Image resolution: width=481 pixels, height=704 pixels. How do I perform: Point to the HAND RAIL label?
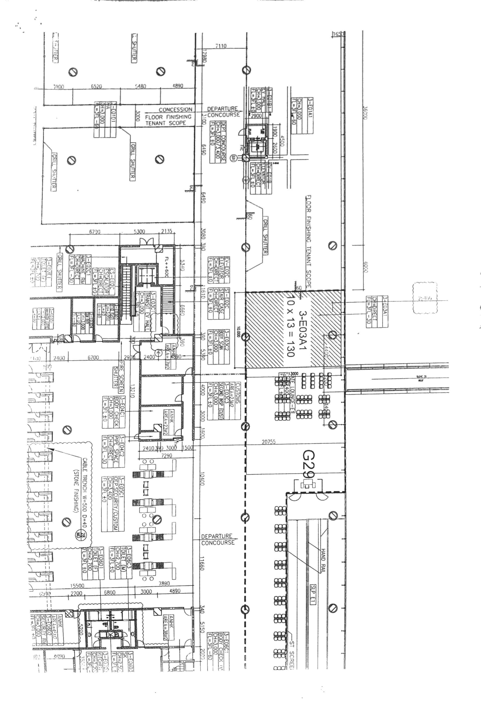click(323, 560)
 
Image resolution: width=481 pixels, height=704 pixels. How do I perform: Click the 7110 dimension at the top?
click(221, 46)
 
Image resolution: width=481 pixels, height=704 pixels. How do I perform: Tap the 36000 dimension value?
click(366, 113)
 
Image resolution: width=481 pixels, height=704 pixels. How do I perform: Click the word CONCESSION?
click(175, 110)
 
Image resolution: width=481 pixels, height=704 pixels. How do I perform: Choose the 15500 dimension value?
click(77, 586)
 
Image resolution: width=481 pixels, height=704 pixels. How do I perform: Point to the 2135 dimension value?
click(167, 231)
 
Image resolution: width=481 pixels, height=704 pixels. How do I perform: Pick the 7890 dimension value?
click(164, 583)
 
